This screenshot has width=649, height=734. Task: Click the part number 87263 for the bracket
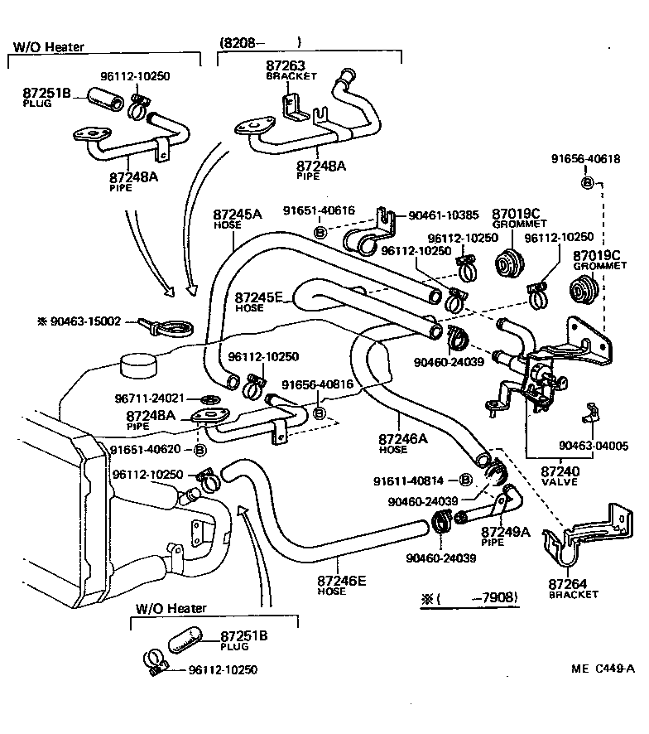click(285, 64)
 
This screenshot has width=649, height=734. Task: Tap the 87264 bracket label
click(566, 584)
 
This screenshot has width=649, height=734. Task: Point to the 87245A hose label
click(237, 214)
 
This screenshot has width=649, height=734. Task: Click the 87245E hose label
click(259, 297)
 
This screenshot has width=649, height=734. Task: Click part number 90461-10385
click(443, 215)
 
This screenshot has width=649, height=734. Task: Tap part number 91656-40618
click(586, 159)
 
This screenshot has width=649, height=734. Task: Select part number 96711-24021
click(148, 398)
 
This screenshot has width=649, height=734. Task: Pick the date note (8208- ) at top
click(259, 41)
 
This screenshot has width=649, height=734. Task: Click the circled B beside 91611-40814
click(465, 480)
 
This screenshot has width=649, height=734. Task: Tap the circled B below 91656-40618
click(587, 182)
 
